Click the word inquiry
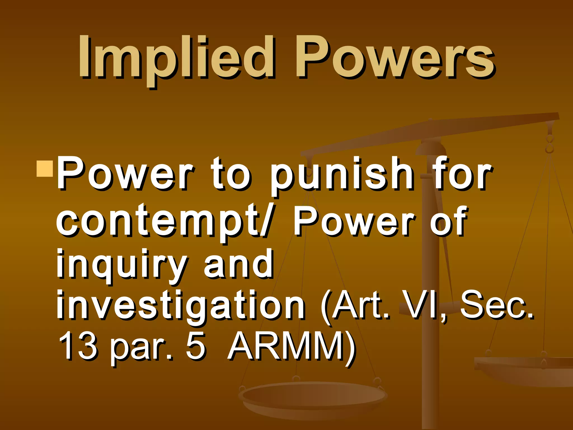(x=122, y=265)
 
